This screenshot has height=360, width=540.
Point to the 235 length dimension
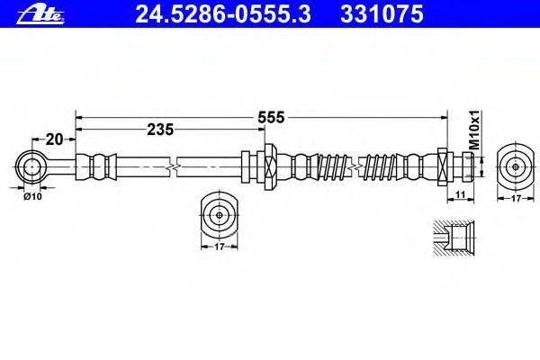(159, 129)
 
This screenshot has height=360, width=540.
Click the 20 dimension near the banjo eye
(54, 139)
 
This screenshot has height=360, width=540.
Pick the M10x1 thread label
(476, 131)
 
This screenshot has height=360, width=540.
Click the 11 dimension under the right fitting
(459, 194)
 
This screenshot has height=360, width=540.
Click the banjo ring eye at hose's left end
(31, 166)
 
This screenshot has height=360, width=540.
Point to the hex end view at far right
(514, 166)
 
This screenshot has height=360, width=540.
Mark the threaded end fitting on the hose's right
(454, 166)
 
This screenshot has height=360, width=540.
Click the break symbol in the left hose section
(173, 166)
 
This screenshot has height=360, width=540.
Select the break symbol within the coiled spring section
(360, 166)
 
